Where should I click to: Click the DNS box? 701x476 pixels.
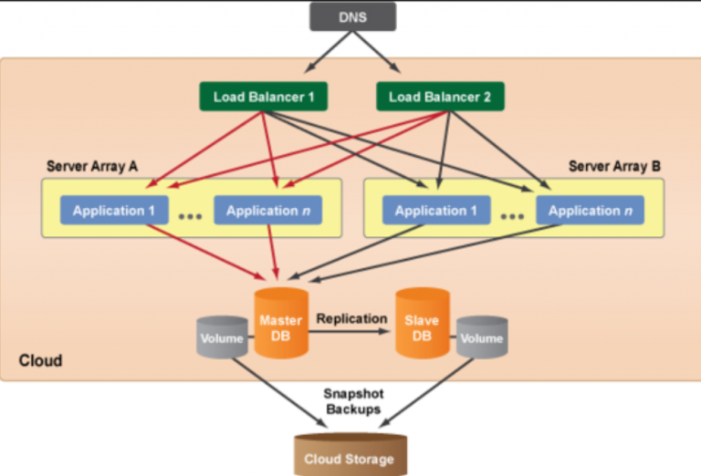(352, 17)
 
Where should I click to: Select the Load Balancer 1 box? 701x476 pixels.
(263, 97)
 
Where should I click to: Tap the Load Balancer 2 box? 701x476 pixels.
(440, 97)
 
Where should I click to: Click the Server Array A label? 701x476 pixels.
(92, 167)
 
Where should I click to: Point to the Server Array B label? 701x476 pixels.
(614, 167)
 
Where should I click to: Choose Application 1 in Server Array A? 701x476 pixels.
(114, 211)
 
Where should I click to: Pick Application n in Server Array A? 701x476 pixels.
(268, 211)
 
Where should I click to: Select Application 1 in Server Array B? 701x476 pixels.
(436, 211)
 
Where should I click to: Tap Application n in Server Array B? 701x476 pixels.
(591, 211)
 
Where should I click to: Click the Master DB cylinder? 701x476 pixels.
(281, 323)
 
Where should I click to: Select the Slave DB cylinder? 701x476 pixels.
(423, 323)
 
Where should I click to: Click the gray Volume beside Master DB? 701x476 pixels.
(222, 337)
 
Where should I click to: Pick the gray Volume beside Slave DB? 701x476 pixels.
(482, 337)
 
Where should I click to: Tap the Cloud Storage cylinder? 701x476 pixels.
(350, 454)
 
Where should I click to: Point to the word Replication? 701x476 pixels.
(351, 319)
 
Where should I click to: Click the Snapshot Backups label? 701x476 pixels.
(353, 401)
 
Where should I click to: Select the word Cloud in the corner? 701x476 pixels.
(40, 360)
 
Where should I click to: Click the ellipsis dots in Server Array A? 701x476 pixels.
(191, 216)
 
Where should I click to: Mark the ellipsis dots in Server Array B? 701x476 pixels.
(512, 216)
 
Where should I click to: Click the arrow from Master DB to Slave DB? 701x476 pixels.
(350, 331)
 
